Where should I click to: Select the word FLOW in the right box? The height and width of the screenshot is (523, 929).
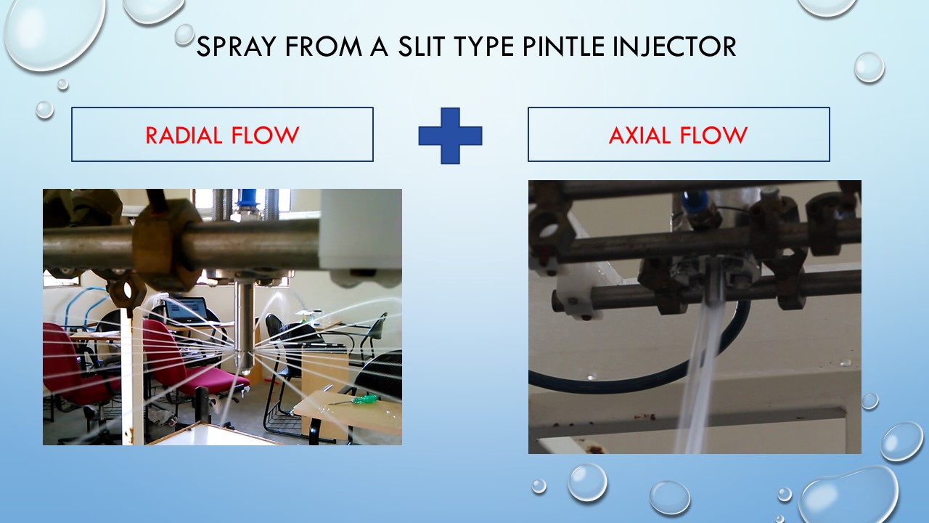click(x=714, y=135)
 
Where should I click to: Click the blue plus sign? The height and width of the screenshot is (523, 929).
click(x=450, y=135)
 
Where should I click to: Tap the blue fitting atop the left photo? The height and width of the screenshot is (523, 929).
click(x=248, y=198)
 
